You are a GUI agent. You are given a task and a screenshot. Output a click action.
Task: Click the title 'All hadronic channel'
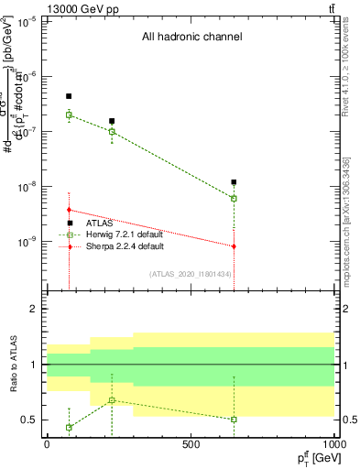tap(191, 38)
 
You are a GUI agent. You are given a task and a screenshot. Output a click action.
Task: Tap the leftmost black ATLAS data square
tap(69, 96)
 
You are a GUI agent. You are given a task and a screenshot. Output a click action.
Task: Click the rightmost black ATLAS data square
tap(235, 182)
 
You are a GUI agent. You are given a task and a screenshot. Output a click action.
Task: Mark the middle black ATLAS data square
tap(112, 121)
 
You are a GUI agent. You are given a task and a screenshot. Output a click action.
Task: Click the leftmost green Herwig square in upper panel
tap(69, 115)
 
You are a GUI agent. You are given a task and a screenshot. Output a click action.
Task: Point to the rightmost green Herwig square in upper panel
tap(235, 198)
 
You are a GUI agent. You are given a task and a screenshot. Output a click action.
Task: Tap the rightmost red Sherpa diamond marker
tap(235, 246)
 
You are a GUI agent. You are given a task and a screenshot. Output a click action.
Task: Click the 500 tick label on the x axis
tap(191, 445)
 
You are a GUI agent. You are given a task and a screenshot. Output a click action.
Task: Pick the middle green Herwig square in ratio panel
tap(112, 400)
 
